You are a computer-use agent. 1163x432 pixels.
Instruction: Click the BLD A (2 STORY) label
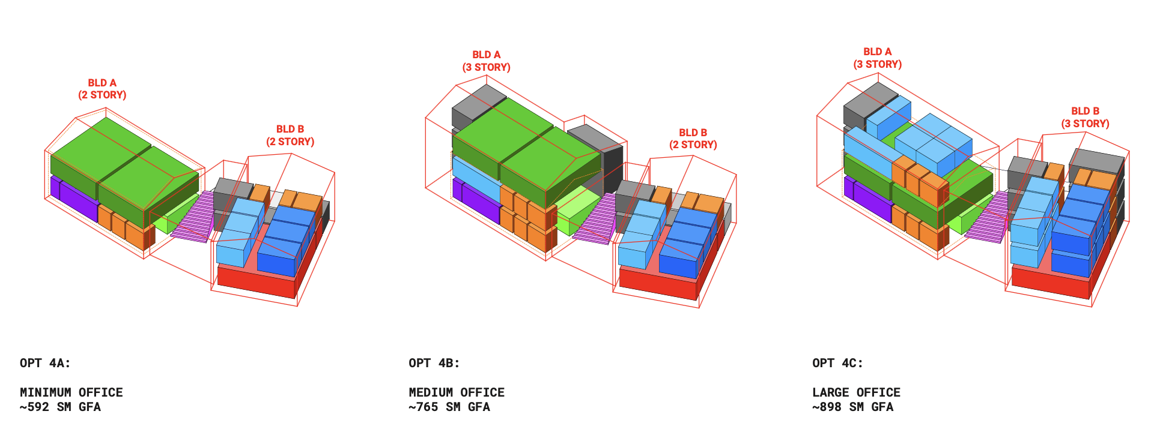(x=102, y=89)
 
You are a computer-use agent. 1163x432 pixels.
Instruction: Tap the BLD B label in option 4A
(x=290, y=136)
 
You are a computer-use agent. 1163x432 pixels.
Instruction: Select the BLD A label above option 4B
(x=486, y=61)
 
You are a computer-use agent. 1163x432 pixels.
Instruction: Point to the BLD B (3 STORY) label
(x=1085, y=118)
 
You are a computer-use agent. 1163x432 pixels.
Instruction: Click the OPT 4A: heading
(x=45, y=363)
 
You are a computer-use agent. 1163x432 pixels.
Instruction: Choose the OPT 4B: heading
(x=434, y=363)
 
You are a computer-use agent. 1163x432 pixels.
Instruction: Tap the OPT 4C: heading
(x=837, y=363)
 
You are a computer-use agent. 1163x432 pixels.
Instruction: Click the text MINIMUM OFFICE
(x=71, y=392)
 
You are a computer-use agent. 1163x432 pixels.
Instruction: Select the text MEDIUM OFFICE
(x=457, y=392)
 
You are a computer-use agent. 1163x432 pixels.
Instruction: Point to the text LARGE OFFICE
(x=856, y=392)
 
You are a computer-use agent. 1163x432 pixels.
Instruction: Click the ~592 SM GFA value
(x=60, y=407)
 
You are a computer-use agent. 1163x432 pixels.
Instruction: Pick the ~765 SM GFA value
(x=449, y=407)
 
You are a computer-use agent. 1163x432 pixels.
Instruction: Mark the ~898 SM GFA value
(x=852, y=407)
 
